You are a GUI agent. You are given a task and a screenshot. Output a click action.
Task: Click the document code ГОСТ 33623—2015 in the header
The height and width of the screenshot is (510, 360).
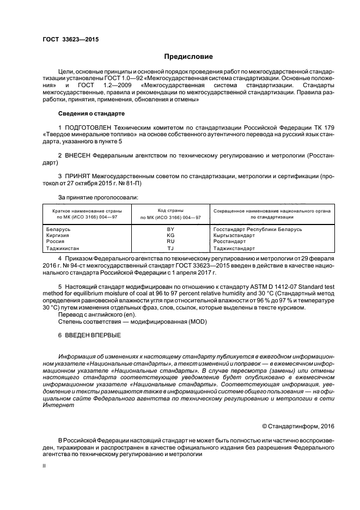coord(70,39)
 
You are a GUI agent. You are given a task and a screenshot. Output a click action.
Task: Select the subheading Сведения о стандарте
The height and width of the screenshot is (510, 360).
coord(91,114)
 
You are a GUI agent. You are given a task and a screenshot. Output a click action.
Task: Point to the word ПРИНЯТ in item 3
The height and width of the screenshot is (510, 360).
coord(78,177)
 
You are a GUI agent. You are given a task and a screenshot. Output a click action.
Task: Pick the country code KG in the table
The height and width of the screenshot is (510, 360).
coord(170,235)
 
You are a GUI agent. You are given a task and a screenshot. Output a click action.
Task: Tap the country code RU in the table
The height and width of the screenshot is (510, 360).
coord(170,241)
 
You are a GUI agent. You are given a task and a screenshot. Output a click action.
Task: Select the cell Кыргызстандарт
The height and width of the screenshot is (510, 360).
coord(234,235)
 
